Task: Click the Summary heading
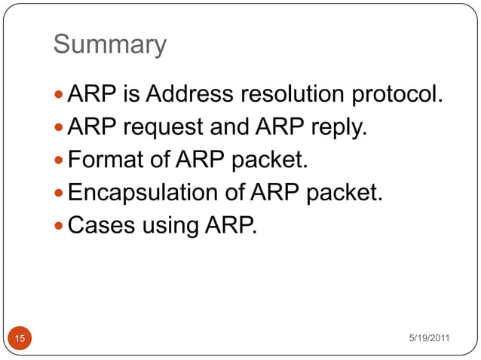(x=109, y=44)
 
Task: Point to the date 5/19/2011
(x=429, y=337)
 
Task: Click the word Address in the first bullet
(x=190, y=96)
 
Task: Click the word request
(x=164, y=129)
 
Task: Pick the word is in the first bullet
(x=130, y=96)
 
